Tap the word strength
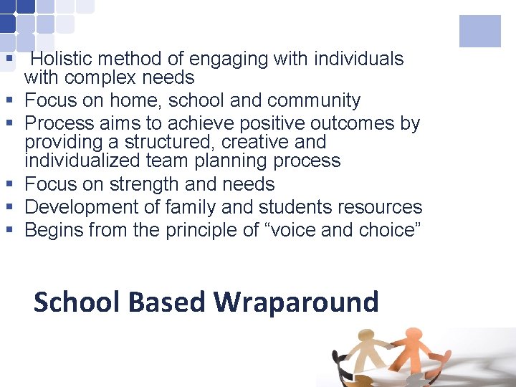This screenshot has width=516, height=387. (145, 184)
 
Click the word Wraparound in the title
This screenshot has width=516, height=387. (296, 302)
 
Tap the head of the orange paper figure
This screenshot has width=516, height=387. (414, 334)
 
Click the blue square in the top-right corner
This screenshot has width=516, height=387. (479, 32)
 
